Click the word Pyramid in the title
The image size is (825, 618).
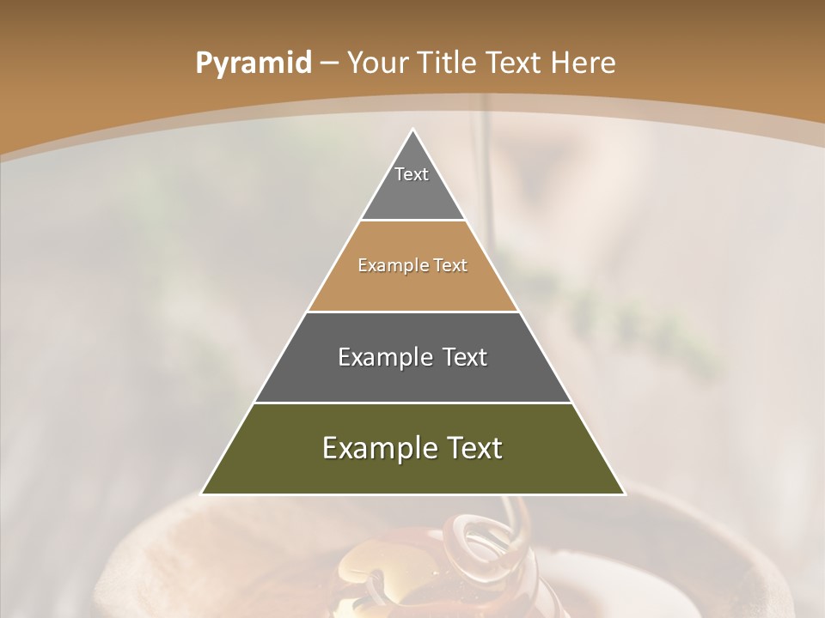[x=254, y=63]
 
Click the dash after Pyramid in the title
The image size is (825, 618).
[x=329, y=64]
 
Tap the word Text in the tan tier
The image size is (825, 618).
[x=451, y=266]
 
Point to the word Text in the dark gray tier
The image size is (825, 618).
[x=466, y=357]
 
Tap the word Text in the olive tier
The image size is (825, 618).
[x=474, y=448]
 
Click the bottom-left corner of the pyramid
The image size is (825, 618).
[x=202, y=494]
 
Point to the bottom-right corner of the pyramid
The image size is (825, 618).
[x=625, y=494]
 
